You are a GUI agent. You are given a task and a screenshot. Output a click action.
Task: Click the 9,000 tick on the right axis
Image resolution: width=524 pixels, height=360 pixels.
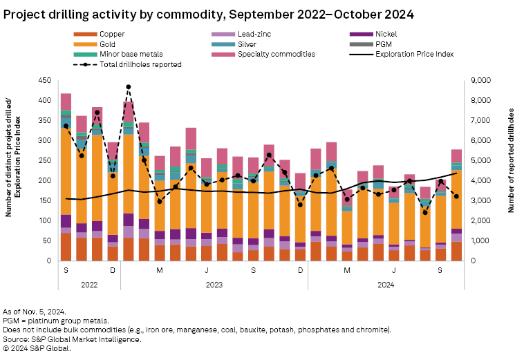tap(480, 81)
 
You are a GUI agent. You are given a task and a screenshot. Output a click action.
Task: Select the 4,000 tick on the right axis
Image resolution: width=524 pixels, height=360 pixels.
tap(480, 181)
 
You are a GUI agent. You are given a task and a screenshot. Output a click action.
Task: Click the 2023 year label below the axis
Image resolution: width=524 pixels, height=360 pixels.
tap(214, 283)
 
